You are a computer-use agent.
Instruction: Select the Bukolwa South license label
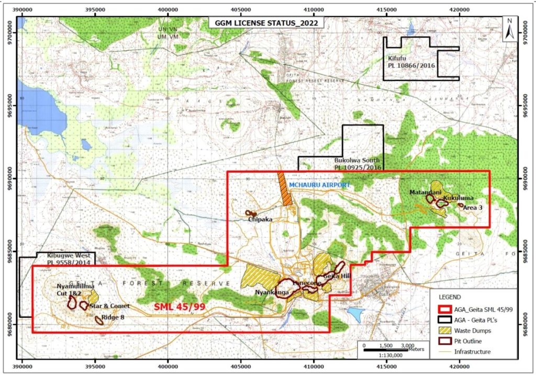[358, 164]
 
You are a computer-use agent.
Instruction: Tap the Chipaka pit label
[260, 220]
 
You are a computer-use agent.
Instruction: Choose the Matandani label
[423, 192]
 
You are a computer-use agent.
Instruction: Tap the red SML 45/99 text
[179, 306]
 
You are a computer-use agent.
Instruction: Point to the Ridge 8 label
[116, 316]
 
